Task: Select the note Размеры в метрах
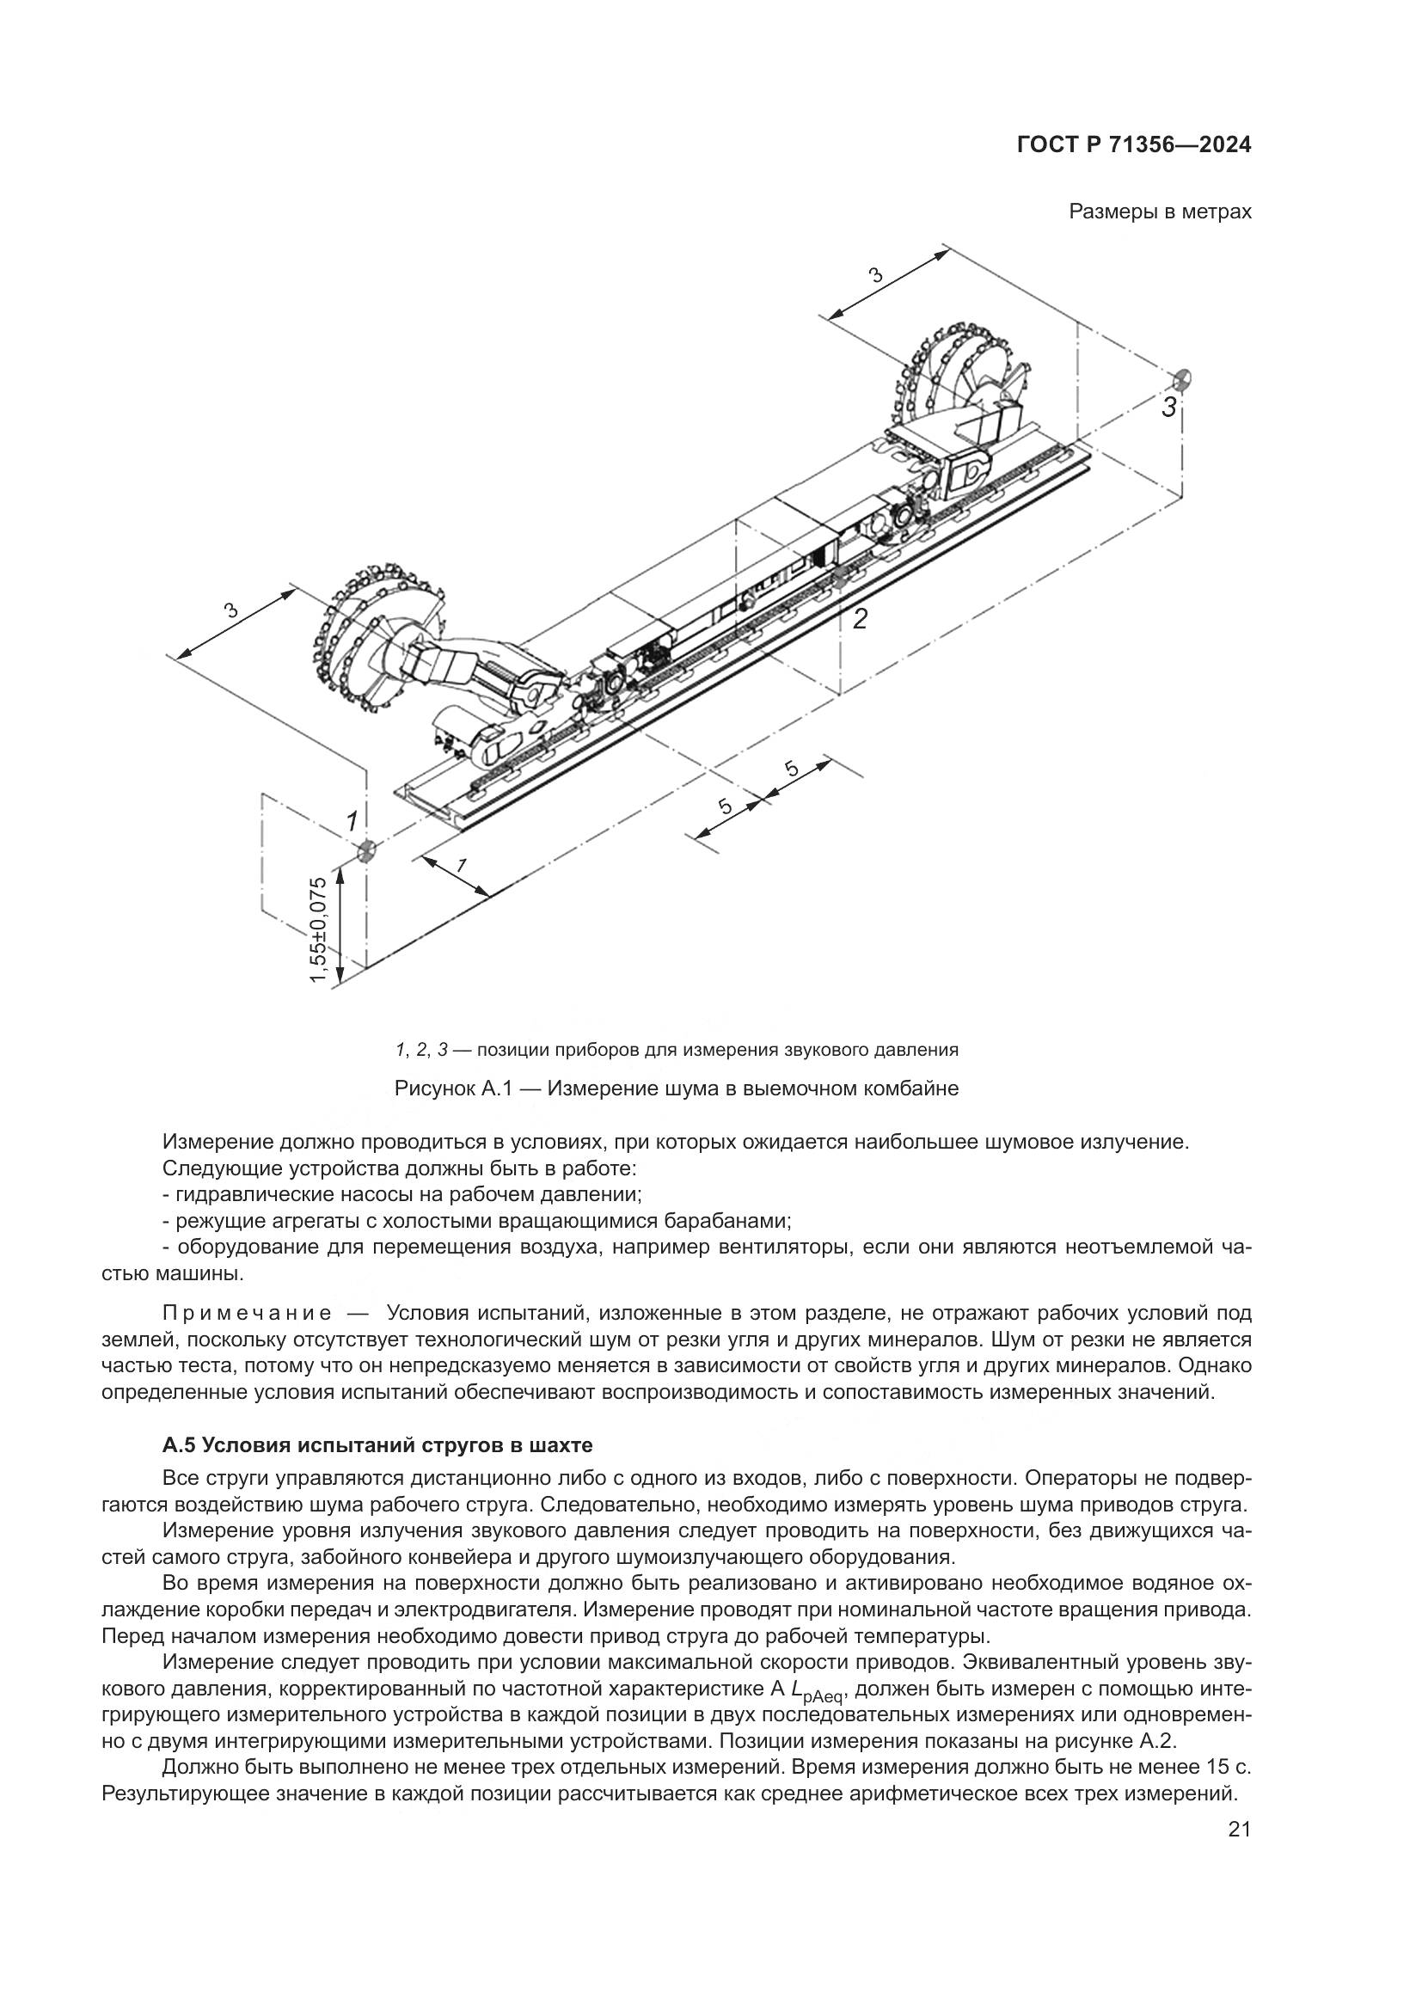coord(1160,212)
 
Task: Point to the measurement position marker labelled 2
coord(840,579)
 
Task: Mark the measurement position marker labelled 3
coord(1182,379)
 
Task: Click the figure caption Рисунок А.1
coord(676,1088)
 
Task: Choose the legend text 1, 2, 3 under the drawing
coord(421,1049)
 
